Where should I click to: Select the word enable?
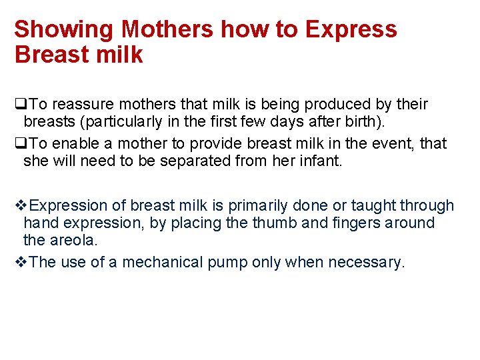click(x=76, y=143)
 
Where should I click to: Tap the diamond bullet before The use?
click(x=19, y=262)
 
